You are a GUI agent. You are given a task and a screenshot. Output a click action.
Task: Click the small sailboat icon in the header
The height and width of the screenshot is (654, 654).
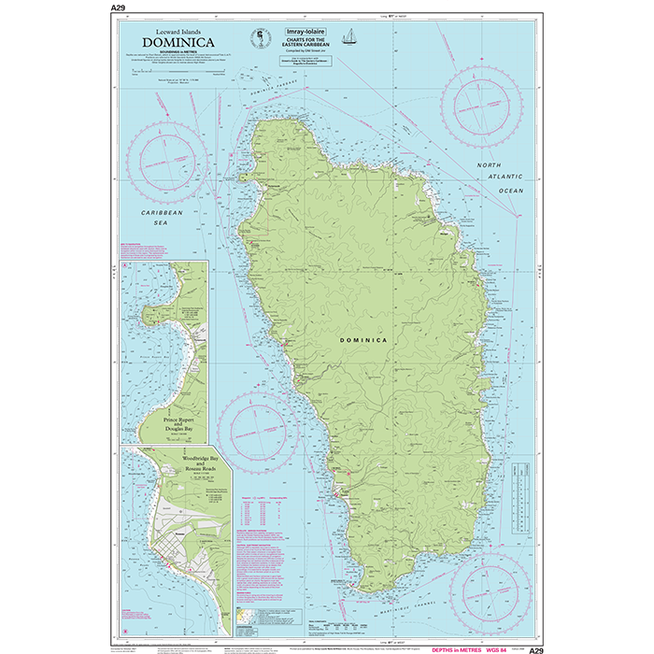[x=350, y=36]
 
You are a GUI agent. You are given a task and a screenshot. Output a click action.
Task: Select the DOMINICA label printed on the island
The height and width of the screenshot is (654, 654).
[x=363, y=340]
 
